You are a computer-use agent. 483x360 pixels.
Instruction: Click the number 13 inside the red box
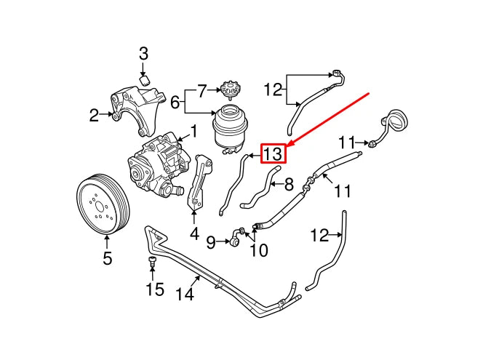pyautogui.click(x=272, y=154)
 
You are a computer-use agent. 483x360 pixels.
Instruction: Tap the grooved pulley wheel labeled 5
pyautogui.click(x=103, y=205)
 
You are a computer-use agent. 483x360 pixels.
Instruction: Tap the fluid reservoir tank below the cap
pyautogui.click(x=230, y=127)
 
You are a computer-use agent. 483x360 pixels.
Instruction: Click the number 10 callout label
pyautogui.click(x=259, y=251)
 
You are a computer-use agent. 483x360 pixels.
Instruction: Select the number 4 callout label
pyautogui.click(x=194, y=234)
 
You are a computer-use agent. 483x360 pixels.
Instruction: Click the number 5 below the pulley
pyautogui.click(x=107, y=258)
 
